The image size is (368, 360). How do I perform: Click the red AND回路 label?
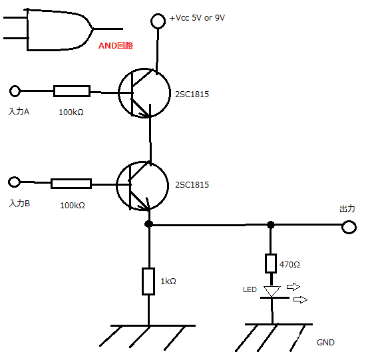tap(116, 45)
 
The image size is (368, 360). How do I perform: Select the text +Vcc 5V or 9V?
tap(197, 18)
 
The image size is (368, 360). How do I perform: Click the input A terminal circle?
tap(15, 90)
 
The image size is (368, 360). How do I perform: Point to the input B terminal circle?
tap(15, 182)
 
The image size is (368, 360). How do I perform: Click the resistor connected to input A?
tap(72, 91)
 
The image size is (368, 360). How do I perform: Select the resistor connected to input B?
tap(71, 184)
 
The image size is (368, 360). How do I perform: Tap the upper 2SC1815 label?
tap(192, 94)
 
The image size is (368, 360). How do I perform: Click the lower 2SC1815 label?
tap(192, 185)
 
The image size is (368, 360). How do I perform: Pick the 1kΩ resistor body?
tap(148, 281)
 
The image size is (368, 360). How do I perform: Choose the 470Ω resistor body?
tap(271, 264)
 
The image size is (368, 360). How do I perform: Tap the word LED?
tap(250, 289)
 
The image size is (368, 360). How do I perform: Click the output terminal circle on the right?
tap(349, 227)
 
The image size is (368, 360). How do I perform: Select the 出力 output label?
tap(347, 209)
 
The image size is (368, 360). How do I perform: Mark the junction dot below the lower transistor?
tap(149, 224)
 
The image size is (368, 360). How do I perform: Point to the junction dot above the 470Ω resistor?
tap(271, 225)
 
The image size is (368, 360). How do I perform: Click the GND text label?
tap(325, 343)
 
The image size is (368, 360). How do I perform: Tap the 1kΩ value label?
tap(168, 281)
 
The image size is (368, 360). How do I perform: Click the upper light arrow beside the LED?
tap(293, 287)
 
